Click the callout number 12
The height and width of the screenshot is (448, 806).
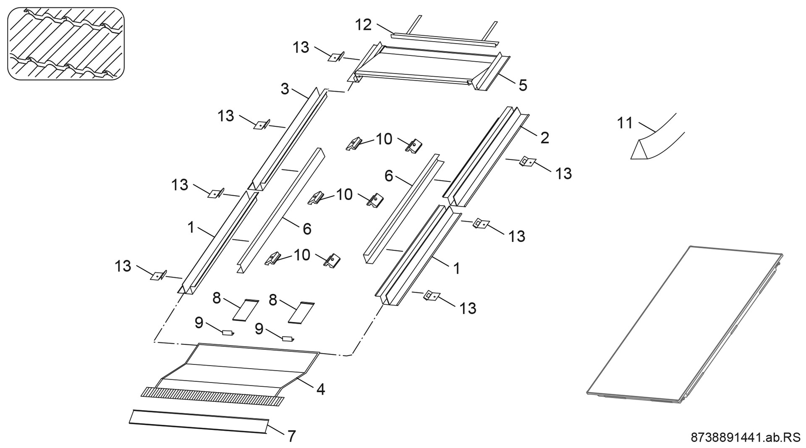(x=363, y=25)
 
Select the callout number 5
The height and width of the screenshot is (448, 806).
(x=523, y=85)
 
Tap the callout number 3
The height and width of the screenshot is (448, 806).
(x=285, y=89)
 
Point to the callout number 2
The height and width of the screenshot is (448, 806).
(x=544, y=138)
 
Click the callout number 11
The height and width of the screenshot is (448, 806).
(x=625, y=123)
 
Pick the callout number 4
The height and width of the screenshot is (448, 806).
(x=320, y=390)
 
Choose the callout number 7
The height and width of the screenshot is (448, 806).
(x=291, y=436)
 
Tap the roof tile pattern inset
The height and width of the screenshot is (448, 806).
(x=66, y=43)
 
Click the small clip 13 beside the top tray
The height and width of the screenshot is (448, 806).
(x=336, y=58)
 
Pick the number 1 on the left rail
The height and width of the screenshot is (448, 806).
(x=191, y=228)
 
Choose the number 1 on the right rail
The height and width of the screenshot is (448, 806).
(x=456, y=268)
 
